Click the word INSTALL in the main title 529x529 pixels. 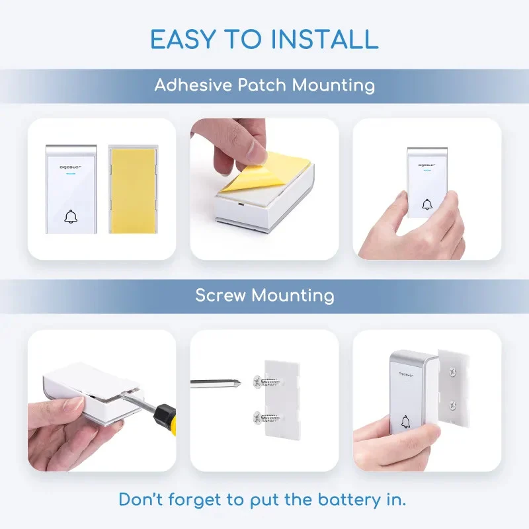[x=325, y=39]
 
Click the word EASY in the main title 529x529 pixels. [x=183, y=39]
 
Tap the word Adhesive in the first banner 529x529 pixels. [x=193, y=85]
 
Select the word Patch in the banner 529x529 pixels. [x=262, y=85]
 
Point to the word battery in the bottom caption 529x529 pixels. [x=348, y=500]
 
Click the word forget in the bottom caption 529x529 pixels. [x=194, y=500]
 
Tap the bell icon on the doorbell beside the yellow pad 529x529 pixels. [x=71, y=217]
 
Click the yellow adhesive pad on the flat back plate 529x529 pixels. [x=133, y=190]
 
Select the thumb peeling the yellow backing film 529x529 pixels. [x=255, y=145]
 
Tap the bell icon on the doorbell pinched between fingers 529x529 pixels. [x=427, y=204]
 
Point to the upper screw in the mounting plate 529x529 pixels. [x=267, y=382]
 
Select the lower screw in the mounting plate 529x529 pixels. [x=266, y=418]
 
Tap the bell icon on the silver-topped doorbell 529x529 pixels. [x=405, y=422]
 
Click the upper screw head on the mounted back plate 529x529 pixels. [x=452, y=372]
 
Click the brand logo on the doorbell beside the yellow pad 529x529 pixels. [x=71, y=167]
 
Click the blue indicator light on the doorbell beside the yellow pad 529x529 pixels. [x=71, y=174]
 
